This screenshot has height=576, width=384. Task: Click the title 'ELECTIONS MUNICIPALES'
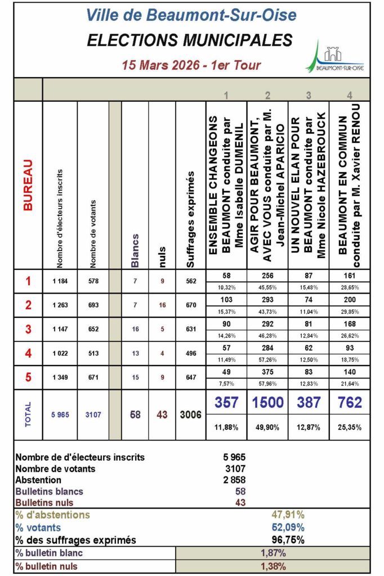(190, 40)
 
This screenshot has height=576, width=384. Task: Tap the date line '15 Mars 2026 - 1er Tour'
(191, 65)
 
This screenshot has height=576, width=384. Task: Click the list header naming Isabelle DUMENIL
(225, 186)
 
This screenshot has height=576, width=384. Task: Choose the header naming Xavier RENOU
(350, 186)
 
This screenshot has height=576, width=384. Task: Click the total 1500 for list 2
(268, 403)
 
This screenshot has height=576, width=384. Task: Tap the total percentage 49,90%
(268, 427)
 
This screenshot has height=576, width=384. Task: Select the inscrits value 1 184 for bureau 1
(61, 281)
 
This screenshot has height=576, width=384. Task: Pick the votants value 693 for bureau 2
(94, 305)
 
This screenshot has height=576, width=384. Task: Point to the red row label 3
(28, 329)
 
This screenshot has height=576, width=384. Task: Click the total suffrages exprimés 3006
(190, 415)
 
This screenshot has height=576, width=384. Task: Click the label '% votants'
(38, 528)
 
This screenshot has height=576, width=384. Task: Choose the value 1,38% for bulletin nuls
(274, 566)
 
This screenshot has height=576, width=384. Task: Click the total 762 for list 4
(350, 403)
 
